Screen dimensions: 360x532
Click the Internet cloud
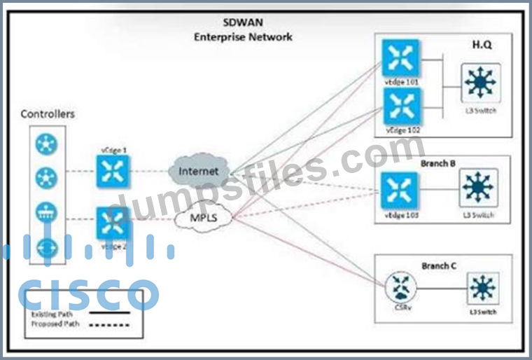point(198,170)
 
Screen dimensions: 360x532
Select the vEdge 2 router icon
point(113,223)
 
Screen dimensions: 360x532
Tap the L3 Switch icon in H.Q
point(479,83)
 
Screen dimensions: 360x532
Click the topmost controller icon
point(46,144)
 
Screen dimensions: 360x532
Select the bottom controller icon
point(46,247)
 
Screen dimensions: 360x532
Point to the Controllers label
point(48,114)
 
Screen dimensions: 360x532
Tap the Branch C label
point(438,266)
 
